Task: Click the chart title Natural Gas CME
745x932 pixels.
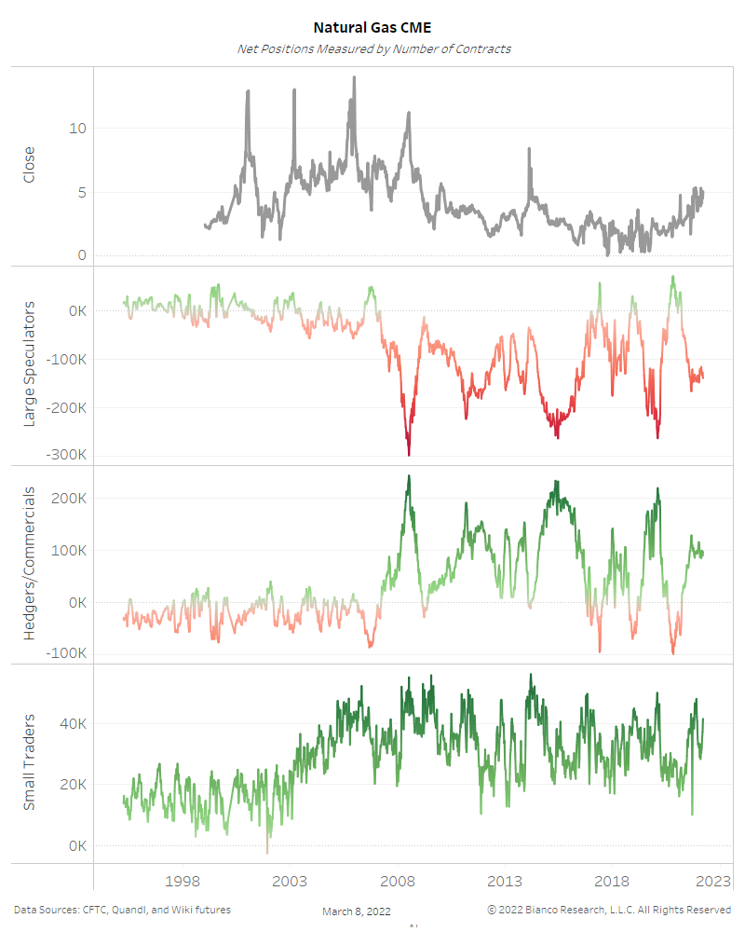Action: point(372,29)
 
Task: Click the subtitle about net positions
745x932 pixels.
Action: point(372,48)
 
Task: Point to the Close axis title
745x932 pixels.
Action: point(29,165)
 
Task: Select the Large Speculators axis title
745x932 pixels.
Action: point(29,364)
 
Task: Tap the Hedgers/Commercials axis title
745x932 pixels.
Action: point(29,562)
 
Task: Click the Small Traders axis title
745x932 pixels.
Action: point(29,761)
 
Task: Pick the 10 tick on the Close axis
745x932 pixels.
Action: point(79,129)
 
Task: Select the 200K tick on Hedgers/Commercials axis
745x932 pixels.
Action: point(70,499)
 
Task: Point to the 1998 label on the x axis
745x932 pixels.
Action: point(183,881)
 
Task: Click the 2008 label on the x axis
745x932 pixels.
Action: point(398,881)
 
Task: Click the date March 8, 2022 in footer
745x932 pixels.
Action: point(357,911)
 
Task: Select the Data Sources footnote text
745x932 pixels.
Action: point(122,910)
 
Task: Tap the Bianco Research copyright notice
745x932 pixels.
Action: point(609,910)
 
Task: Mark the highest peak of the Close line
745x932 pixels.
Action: point(354,77)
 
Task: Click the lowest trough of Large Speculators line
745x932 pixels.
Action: point(409,455)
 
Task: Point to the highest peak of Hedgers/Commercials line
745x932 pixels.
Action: point(409,476)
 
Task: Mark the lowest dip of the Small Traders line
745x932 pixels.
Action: point(266,852)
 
